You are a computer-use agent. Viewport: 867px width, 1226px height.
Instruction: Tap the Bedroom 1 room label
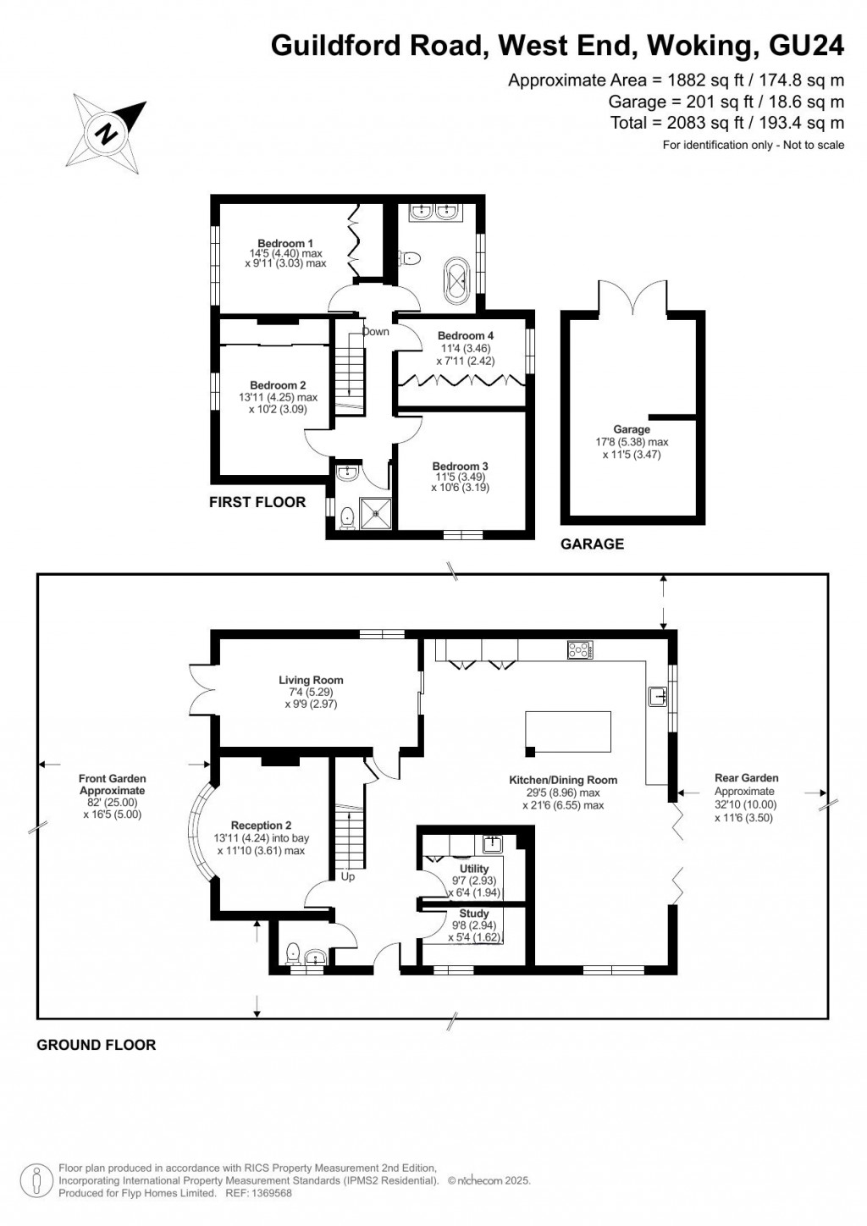[x=285, y=244]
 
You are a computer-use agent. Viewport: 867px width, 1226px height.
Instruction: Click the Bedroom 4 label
[x=466, y=336]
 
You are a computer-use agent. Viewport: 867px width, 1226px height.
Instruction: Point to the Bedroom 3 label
[x=460, y=467]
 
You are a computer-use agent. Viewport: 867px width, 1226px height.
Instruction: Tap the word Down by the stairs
[x=376, y=332]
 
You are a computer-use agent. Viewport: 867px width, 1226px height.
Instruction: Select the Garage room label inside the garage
[x=632, y=430]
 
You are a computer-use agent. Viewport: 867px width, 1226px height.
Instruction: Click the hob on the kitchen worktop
[x=581, y=649]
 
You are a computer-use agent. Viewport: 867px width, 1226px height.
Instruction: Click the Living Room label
[x=311, y=680]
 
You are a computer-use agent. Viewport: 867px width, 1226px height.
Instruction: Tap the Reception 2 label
[x=262, y=826]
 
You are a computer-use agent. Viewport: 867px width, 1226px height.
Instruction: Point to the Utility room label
[x=474, y=869]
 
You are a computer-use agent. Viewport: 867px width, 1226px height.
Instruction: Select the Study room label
[x=474, y=914]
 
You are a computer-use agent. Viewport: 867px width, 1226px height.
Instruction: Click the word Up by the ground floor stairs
[x=348, y=877]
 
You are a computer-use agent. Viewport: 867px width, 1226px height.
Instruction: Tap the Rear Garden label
[x=746, y=778]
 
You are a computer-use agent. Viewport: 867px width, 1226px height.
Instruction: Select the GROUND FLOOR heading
[x=97, y=1045]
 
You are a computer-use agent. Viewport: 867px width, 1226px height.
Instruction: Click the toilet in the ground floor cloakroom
[x=293, y=954]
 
